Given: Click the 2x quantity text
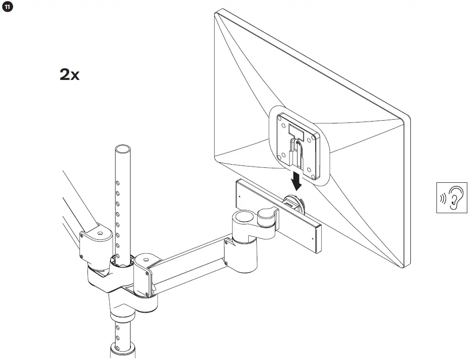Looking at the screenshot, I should point(70,74).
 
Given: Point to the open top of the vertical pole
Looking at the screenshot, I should point(122,150).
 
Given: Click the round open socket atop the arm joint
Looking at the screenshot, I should point(243,216).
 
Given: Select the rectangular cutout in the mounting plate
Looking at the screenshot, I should point(297,129).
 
